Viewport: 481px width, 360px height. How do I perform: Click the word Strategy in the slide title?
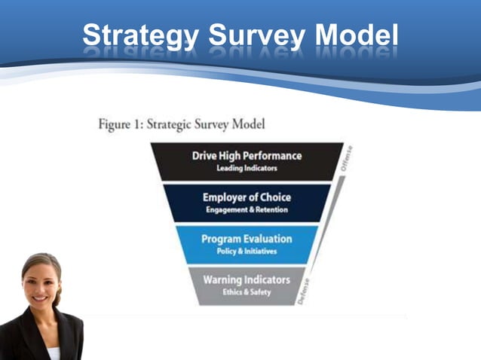click(x=139, y=35)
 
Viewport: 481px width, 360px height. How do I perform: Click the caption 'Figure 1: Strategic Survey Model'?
click(x=182, y=124)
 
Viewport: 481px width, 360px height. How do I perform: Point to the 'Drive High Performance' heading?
click(x=247, y=155)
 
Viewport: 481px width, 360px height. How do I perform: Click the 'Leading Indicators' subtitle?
click(x=247, y=168)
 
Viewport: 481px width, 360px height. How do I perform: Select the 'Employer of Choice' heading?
click(x=247, y=197)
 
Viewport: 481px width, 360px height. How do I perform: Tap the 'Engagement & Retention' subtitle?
click(x=247, y=209)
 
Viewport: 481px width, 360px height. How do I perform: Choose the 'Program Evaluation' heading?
click(x=247, y=239)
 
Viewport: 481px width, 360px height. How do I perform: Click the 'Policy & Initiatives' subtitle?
click(x=247, y=251)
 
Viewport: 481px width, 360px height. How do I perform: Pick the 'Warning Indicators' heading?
click(x=247, y=279)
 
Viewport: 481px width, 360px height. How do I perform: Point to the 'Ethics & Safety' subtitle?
click(x=247, y=291)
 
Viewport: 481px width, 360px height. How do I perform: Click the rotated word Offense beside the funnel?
click(x=347, y=158)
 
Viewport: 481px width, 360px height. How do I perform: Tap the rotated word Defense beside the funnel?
click(x=304, y=291)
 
